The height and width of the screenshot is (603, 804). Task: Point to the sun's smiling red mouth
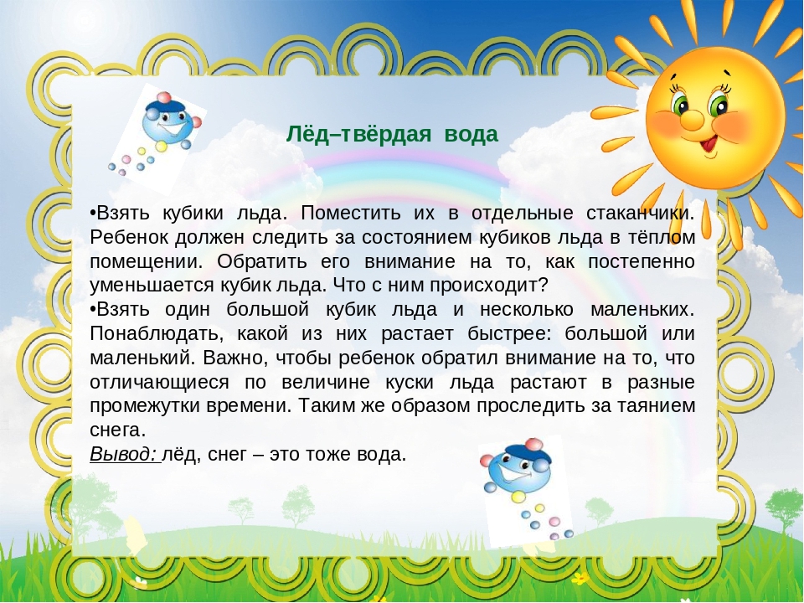pyautogui.click(x=709, y=142)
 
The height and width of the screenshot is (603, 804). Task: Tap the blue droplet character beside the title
pyautogui.click(x=167, y=123)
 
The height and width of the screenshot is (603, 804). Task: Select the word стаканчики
pyautogui.click(x=640, y=214)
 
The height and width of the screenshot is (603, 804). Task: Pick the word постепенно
pyautogui.click(x=642, y=262)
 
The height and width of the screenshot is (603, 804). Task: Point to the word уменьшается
pyautogui.click(x=152, y=286)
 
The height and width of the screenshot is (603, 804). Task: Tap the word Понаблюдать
pyautogui.click(x=157, y=334)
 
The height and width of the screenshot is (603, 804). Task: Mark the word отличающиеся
pyautogui.click(x=159, y=383)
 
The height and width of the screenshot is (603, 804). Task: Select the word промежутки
pyautogui.click(x=145, y=407)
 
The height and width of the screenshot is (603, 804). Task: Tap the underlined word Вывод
pyautogui.click(x=123, y=454)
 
